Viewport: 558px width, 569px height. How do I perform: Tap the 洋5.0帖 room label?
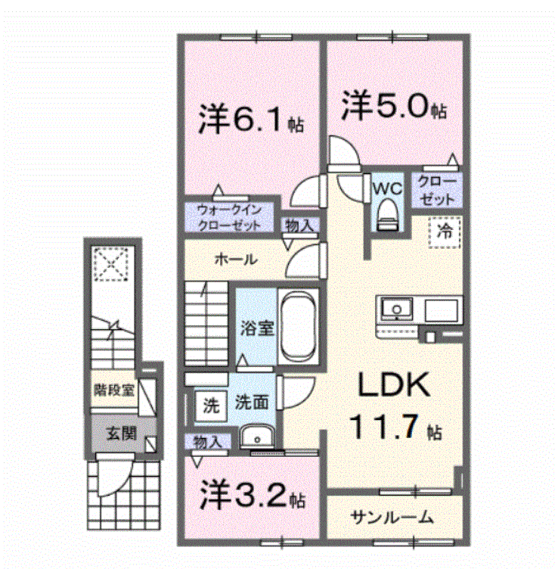392,105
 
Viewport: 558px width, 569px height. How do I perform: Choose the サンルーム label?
392,518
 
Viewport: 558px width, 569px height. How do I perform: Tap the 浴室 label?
256,329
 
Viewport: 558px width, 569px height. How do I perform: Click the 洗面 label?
251,403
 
